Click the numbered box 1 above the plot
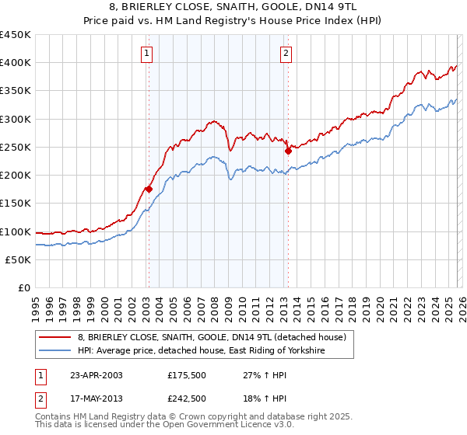pyautogui.click(x=147, y=54)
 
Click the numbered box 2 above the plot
pyautogui.click(x=286, y=54)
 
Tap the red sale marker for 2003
pyautogui.click(x=149, y=189)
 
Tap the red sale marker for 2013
pyautogui.click(x=287, y=151)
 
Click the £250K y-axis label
pyautogui.click(x=16, y=148)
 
